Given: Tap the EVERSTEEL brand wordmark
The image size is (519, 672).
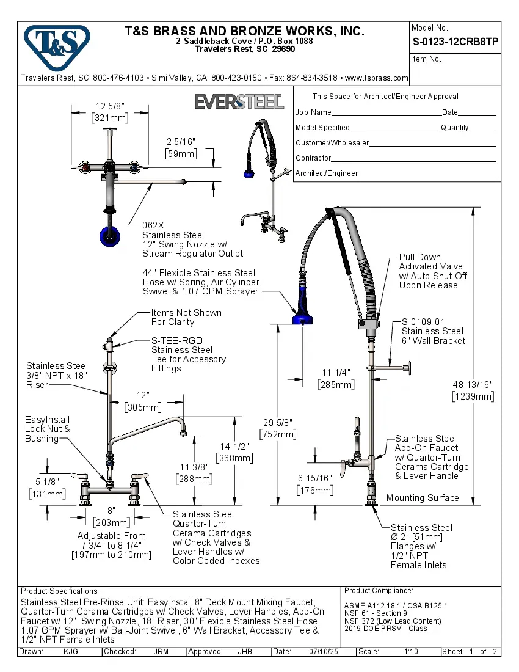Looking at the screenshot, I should [239, 101].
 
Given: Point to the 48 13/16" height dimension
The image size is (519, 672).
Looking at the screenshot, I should [473, 384].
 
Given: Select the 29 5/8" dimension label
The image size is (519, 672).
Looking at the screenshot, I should [278, 422].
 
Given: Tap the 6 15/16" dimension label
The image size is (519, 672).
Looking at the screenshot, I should [314, 478].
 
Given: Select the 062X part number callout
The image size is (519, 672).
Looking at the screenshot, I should [153, 225].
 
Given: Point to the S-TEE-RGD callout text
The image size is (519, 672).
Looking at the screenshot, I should [177, 340].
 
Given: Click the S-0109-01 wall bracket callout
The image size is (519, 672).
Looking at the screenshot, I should [423, 321].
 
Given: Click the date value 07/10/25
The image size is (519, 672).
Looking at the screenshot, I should [322, 652].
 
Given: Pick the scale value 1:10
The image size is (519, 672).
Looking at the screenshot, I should [411, 652].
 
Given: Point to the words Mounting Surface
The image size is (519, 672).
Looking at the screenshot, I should [423, 498].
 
